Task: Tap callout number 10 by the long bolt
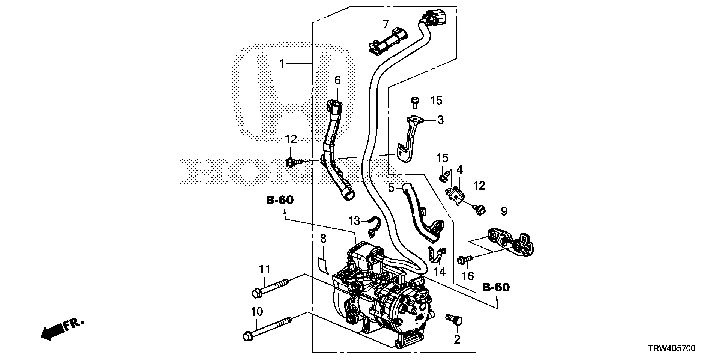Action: coord(257,312)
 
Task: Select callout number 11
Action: coord(265,270)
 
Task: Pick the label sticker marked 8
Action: coord(323,265)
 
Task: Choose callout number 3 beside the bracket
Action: coord(440,120)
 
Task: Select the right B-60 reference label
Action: coord(496,288)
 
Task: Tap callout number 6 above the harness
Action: coord(337,80)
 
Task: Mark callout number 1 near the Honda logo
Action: coord(282,64)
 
